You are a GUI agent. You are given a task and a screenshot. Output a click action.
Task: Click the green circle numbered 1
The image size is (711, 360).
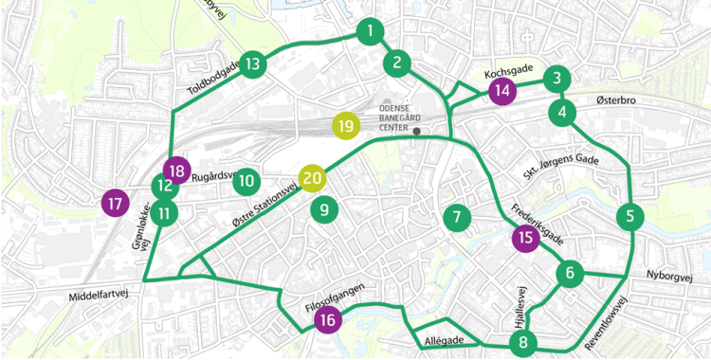tap(368, 32)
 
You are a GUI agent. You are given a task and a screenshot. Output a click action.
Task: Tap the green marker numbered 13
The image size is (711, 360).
tap(252, 64)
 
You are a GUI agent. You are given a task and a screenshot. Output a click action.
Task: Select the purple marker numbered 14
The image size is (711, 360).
tap(501, 91)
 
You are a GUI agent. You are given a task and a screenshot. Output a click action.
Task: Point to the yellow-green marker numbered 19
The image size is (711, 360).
tap(346, 125)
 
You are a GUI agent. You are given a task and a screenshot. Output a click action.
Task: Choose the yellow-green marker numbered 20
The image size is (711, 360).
tap(313, 177)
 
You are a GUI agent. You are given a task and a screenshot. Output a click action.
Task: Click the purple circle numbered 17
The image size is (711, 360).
tap(116, 203)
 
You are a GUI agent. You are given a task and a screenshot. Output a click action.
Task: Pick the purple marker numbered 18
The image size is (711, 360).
tap(175, 171)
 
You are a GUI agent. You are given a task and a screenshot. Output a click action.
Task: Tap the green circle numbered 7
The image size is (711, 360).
tap(456, 218)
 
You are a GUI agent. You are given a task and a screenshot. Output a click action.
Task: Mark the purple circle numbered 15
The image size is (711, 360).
tap(524, 239)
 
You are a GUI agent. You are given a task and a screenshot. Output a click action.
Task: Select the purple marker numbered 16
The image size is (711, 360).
tap(328, 320)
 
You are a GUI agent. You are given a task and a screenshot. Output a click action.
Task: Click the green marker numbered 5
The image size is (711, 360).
tap(629, 216)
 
